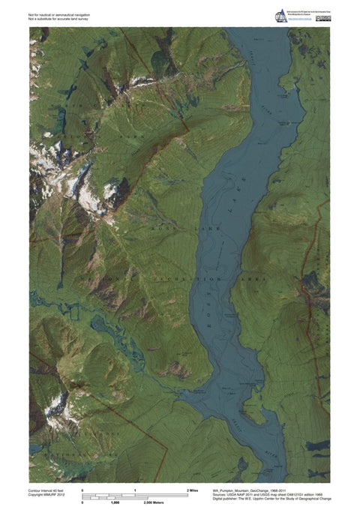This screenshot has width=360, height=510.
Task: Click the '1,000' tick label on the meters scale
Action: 115,504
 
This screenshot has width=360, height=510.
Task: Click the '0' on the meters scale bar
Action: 82,504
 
